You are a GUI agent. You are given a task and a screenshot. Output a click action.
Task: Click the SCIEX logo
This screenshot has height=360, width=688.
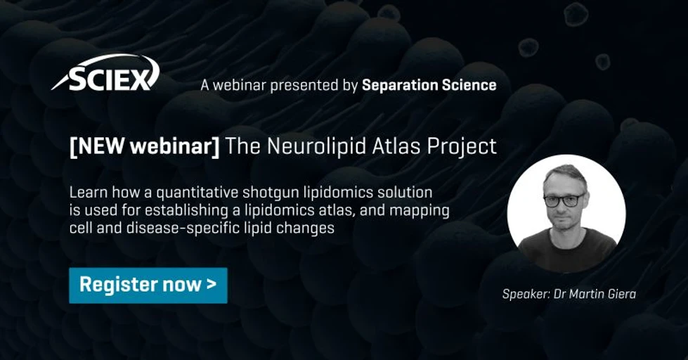coord(105,74)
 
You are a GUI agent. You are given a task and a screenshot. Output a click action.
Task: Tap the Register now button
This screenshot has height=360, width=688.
coord(148,285)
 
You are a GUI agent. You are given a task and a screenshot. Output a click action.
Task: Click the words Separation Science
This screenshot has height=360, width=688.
coord(429,85)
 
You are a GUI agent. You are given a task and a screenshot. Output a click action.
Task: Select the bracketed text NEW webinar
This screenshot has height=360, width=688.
coord(145,146)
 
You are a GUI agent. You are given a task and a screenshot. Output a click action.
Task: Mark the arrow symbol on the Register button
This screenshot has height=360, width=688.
coord(212,285)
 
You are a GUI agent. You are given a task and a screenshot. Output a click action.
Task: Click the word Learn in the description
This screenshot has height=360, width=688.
coord(86,192)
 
